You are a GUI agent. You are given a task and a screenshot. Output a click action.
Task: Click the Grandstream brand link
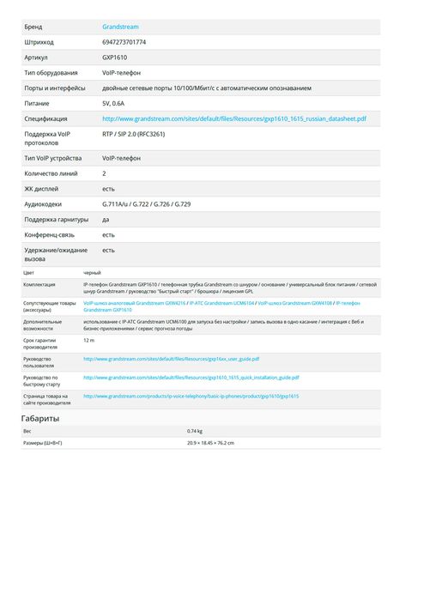tap(120, 27)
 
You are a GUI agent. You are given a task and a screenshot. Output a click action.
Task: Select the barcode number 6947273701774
tap(124, 42)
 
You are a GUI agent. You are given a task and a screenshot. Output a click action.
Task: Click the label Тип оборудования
tap(51, 73)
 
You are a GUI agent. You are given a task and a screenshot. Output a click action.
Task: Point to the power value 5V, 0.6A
tap(113, 103)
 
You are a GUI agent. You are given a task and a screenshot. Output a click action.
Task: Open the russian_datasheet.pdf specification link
tap(234, 118)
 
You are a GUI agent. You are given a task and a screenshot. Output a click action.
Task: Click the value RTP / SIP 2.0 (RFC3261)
tap(133, 135)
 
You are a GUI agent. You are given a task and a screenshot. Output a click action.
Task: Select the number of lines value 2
tap(104, 173)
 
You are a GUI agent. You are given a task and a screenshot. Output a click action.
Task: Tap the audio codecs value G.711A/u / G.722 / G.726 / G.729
tap(146, 204)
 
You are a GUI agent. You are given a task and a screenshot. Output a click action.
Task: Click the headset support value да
tap(106, 220)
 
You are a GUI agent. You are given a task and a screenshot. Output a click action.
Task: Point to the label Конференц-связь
tap(48, 234)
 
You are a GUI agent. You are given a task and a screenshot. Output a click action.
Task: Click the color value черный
tap(92, 272)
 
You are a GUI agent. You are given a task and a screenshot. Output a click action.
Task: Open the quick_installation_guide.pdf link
tap(191, 377)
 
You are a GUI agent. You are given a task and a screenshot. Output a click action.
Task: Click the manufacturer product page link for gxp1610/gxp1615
tap(191, 396)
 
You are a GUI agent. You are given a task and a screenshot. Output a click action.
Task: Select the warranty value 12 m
tap(88, 341)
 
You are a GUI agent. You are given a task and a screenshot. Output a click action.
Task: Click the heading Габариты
tap(40, 418)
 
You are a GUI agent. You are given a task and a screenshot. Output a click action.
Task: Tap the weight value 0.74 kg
tap(195, 431)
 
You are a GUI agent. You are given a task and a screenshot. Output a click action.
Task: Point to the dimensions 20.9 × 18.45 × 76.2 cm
tap(210, 443)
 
